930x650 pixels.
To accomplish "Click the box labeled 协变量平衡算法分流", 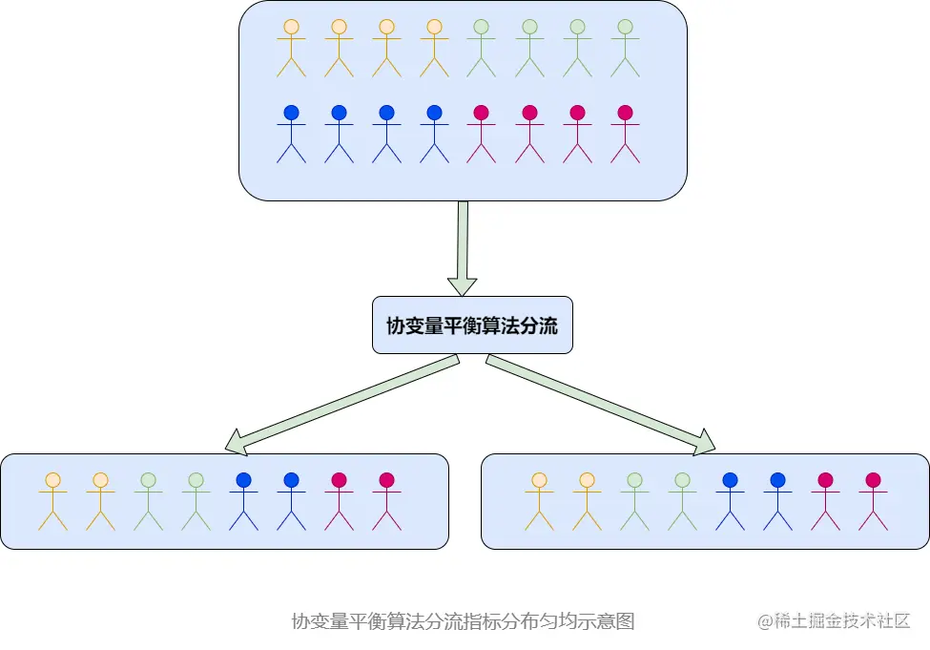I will click(x=472, y=325).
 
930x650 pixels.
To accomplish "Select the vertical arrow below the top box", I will click(x=463, y=246).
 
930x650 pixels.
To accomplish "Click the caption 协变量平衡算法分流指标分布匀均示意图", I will click(x=463, y=621).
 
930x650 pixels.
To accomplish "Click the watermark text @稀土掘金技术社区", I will click(x=834, y=621).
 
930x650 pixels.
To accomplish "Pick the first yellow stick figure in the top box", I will click(x=291, y=48).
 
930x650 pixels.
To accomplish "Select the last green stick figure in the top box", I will click(x=625, y=48).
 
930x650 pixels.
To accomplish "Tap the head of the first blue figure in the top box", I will click(x=291, y=113).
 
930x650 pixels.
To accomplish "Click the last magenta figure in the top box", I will click(x=625, y=134).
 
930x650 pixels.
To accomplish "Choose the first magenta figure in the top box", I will click(x=482, y=134).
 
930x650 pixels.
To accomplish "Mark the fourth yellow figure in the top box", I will click(x=434, y=48).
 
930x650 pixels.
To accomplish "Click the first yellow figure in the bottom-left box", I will click(x=52, y=501).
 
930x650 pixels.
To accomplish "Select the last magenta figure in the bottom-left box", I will click(x=386, y=501).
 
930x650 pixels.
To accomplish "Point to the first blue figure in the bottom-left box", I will click(x=243, y=501).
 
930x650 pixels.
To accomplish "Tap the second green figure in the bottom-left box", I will click(x=196, y=501).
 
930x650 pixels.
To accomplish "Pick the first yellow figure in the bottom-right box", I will click(x=539, y=501).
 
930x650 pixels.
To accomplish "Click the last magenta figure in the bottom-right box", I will click(x=873, y=501).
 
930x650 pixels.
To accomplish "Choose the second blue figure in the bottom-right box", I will click(x=777, y=501).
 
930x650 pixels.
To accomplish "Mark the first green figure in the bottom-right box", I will click(x=634, y=501).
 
